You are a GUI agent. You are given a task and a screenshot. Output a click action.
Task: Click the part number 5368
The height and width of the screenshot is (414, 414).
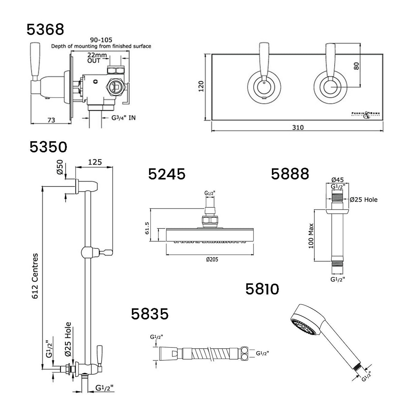tap(45, 29)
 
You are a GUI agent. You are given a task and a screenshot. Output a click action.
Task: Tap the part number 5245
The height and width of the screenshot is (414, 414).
tap(167, 174)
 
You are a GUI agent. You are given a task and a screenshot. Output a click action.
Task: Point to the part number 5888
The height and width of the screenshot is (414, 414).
tap(290, 174)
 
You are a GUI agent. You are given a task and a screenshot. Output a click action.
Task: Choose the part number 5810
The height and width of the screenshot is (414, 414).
tap(262, 289)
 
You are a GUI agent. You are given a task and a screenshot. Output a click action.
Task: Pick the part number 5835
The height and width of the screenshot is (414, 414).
tap(150, 314)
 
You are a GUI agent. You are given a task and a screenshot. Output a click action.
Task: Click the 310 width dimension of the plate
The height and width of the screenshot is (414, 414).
tap(297, 127)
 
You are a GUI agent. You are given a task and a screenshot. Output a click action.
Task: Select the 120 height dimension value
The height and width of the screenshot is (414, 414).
tap(201, 87)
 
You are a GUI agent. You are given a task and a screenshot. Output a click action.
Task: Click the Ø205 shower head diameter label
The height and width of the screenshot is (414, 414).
tap(212, 259)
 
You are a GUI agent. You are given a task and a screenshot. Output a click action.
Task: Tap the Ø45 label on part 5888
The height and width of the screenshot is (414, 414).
tap(336, 179)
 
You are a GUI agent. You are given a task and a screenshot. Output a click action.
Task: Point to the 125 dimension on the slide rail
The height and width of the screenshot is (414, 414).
tap(94, 161)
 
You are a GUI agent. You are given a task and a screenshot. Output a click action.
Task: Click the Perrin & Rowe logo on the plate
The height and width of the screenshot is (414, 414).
tap(364, 114)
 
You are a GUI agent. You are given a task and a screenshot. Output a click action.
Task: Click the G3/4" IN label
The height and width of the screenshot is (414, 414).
tap(123, 118)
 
